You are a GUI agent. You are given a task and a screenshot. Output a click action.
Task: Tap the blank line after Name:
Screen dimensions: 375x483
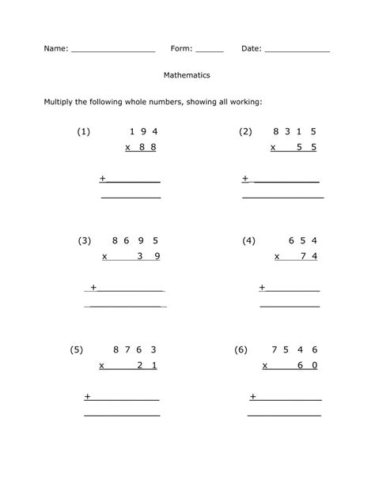(113, 51)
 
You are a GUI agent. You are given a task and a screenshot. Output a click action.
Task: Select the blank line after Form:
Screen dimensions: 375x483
(209, 51)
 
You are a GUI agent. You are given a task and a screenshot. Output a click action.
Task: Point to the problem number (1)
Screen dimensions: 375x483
(84, 132)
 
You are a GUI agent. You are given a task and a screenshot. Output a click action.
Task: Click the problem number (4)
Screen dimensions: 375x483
(249, 240)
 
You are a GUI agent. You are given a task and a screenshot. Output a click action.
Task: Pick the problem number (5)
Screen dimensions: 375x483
(77, 349)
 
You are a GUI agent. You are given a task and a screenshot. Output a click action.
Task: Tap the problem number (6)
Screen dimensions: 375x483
(241, 349)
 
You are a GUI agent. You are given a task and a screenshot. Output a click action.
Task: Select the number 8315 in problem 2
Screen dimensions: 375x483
(295, 132)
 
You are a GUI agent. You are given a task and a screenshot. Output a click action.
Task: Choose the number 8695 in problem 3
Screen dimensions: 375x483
(135, 240)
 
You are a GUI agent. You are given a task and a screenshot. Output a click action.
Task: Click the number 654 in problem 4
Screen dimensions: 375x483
(303, 240)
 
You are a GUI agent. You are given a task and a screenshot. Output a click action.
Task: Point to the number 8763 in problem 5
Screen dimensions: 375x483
(134, 349)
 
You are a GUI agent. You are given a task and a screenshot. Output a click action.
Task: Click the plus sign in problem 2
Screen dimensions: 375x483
(245, 178)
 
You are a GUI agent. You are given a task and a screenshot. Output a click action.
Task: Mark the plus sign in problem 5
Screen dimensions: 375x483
(87, 395)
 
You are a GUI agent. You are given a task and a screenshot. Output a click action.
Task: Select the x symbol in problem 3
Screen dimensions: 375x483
(104, 256)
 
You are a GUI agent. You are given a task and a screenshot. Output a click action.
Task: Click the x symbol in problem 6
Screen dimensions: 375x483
(266, 364)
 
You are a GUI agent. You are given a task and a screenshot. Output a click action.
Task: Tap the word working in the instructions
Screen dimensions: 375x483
(242, 102)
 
